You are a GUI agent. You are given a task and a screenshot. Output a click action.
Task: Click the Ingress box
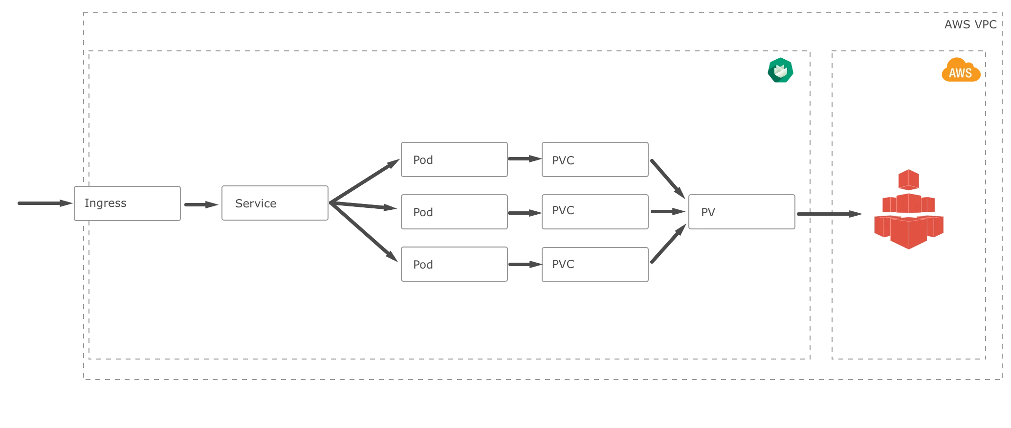pos(127,203)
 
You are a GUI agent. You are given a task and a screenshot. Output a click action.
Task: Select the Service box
pos(275,203)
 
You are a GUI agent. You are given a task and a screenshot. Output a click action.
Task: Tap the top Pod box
pos(454,159)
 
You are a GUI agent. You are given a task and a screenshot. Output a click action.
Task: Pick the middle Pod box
pos(454,212)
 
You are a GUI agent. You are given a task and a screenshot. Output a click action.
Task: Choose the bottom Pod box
pos(454,264)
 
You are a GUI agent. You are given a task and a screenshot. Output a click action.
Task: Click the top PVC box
pos(595,159)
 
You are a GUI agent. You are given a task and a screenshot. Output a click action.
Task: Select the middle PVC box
pos(595,212)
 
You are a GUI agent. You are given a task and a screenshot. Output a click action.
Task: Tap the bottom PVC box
pos(595,265)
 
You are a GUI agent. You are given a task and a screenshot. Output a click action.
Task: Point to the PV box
pos(742,212)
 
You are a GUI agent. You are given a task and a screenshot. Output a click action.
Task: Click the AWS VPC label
pos(970,24)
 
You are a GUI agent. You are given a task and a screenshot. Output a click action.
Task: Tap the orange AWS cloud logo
pos(961,69)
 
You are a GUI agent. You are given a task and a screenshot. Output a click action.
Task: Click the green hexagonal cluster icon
pos(780,70)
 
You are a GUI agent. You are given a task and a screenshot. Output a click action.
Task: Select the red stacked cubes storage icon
pos(909,209)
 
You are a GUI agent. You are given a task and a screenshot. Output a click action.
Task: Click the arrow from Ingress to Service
pos(201,204)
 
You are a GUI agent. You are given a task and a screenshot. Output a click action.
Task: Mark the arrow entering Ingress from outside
pos(45,203)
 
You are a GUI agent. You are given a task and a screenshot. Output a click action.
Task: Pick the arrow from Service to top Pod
pos(365,180)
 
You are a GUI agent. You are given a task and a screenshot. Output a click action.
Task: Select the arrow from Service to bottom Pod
pos(364,232)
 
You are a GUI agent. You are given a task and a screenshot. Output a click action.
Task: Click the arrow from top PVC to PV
pos(668,179)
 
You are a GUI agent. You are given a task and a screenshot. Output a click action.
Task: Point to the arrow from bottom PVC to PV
pos(669,243)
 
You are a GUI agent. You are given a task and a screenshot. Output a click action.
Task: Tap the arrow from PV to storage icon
pos(830,214)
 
